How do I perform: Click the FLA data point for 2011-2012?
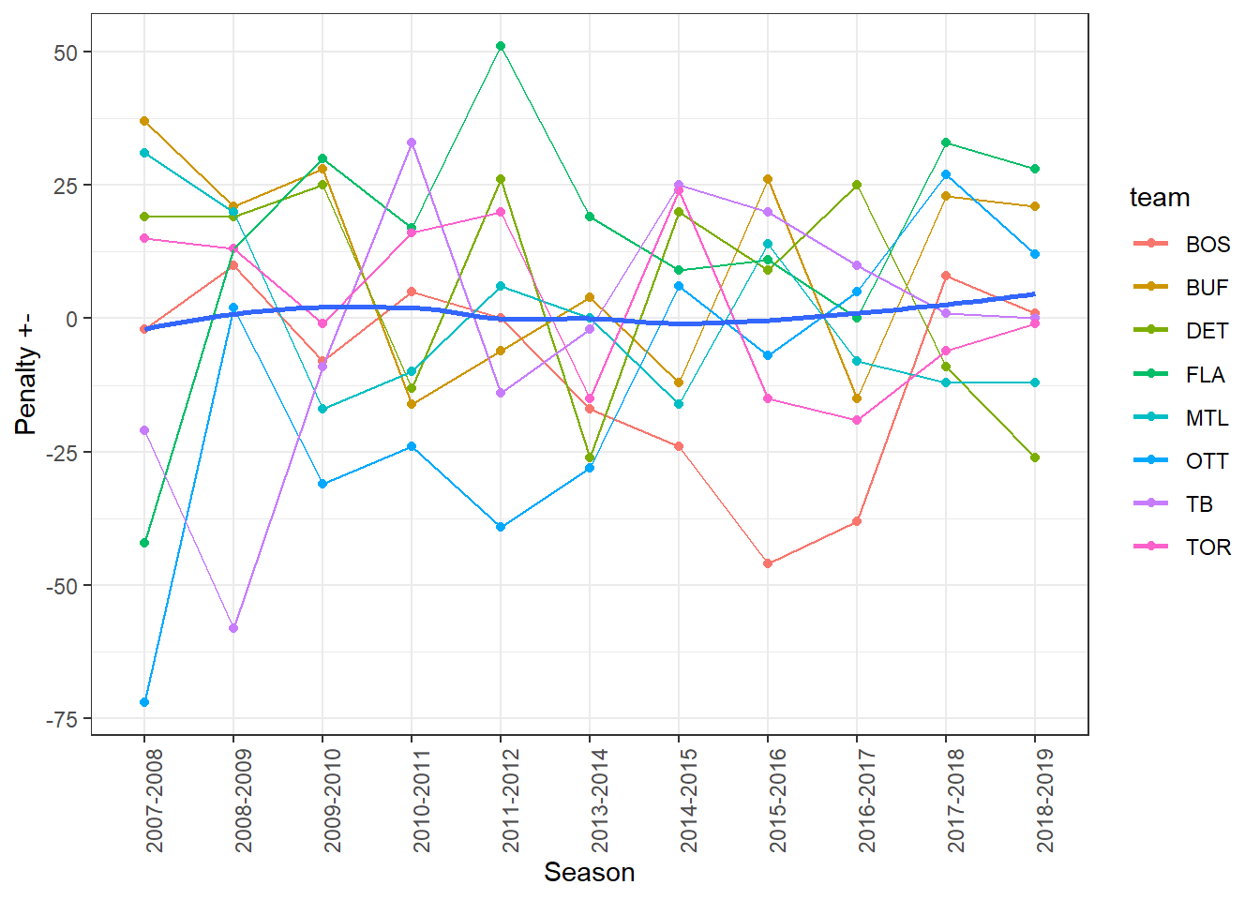click(501, 46)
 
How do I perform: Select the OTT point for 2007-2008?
click(144, 702)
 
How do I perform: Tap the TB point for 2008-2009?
click(233, 628)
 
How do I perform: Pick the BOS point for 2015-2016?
click(768, 563)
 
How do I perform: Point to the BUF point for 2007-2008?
click(144, 121)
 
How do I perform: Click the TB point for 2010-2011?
click(412, 142)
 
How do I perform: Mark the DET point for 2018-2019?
click(1035, 457)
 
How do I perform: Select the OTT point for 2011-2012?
click(501, 527)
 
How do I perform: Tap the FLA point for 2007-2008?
click(144, 543)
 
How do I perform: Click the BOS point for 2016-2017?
click(857, 521)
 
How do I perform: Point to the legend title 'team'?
click(1160, 198)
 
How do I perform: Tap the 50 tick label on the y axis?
click(67, 52)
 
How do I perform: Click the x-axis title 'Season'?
click(589, 873)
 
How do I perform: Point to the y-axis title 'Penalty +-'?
click(25, 373)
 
